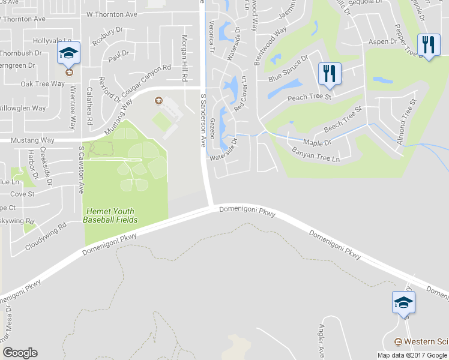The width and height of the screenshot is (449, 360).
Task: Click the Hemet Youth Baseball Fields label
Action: coord(111,215)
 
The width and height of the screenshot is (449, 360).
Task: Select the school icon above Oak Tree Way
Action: coord(68,53)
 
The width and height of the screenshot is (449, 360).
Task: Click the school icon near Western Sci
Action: coord(403,302)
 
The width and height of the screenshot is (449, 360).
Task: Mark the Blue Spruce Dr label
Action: coord(288,69)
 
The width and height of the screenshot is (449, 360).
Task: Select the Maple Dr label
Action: coord(318,143)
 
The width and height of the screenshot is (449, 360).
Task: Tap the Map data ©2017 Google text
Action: coord(412,355)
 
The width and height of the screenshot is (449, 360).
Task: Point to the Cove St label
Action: coord(22,194)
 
